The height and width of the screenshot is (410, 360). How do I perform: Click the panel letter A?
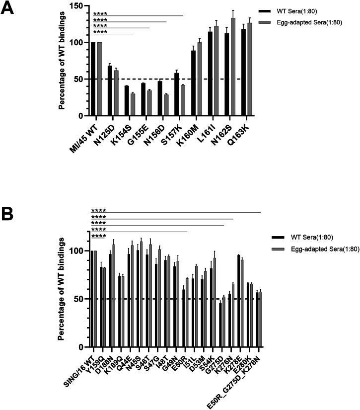pyautogui.click(x=10, y=8)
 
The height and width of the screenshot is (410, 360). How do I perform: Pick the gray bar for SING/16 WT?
pyautogui.click(x=95, y=299)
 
